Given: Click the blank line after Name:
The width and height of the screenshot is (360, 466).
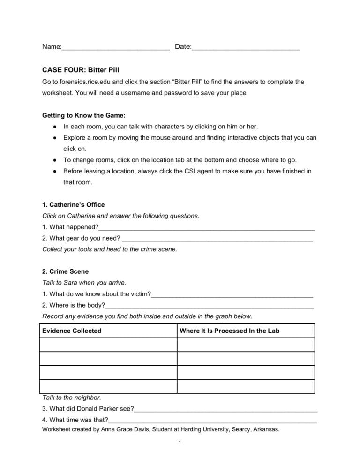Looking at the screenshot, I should (x=115, y=48).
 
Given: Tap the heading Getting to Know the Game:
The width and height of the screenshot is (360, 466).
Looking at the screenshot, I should (x=84, y=115).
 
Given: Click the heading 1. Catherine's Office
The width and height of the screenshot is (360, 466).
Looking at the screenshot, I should (x=74, y=205).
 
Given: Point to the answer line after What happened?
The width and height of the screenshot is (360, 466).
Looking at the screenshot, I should (x=206, y=228).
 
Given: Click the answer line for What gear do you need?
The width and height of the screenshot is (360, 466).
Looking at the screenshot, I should (x=217, y=239).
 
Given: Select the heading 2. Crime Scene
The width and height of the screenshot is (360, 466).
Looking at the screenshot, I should (x=65, y=271).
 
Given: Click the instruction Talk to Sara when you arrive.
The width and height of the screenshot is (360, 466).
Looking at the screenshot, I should (x=84, y=283).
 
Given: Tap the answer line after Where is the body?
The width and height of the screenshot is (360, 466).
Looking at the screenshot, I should (x=209, y=306).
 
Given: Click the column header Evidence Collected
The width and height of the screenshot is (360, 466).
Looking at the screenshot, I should (x=72, y=331).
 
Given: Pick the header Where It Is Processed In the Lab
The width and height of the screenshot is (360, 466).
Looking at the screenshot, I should (x=229, y=331).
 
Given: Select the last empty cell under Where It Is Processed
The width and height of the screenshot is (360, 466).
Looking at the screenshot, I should (x=246, y=386).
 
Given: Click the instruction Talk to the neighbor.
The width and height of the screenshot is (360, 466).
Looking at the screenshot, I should (x=72, y=398).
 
